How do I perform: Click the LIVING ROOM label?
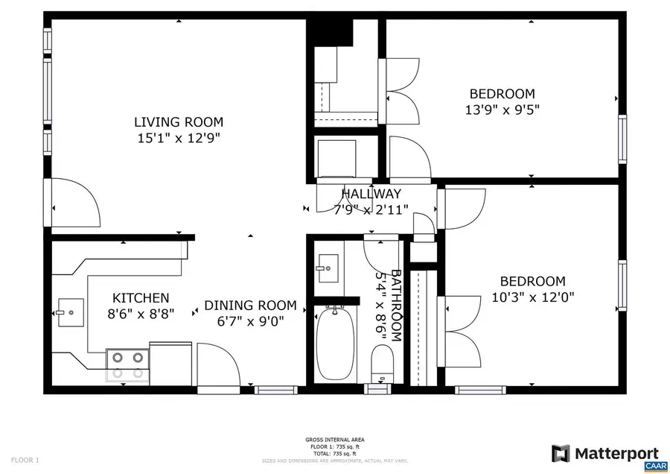[178, 122]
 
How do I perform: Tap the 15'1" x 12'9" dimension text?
[178, 138]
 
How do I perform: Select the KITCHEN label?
[141, 298]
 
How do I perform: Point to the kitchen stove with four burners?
[127, 365]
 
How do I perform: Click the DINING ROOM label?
[250, 306]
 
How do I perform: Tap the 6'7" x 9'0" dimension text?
[250, 321]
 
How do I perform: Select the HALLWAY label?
[371, 195]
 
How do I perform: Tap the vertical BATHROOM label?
[397, 306]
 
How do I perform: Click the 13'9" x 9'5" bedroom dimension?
[502, 110]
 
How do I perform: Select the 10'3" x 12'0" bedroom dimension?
[532, 297]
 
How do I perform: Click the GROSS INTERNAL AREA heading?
[334, 440]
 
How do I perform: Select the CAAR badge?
[654, 465]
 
